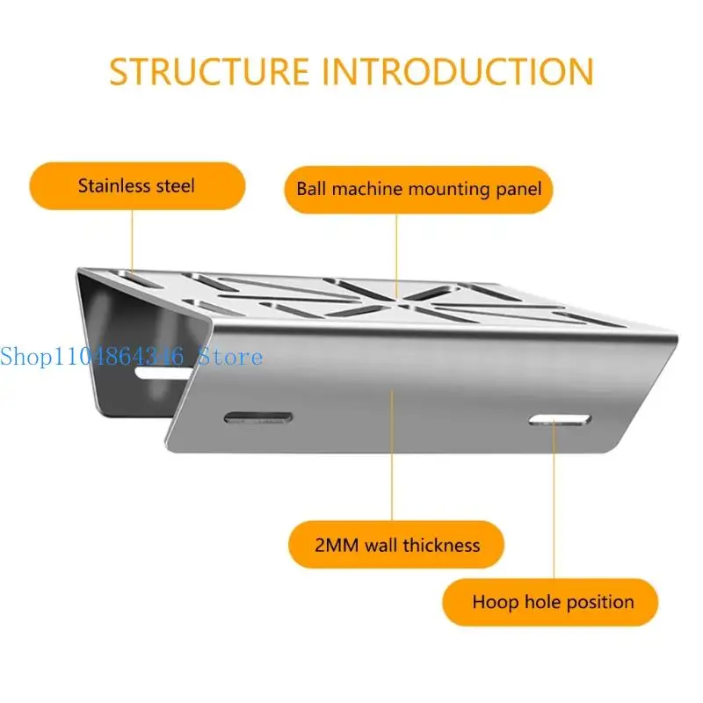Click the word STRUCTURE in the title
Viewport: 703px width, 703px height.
click(209, 71)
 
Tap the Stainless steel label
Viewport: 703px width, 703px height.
click(137, 185)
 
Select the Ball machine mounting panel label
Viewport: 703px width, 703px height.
click(419, 190)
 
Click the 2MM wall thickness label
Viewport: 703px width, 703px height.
click(396, 545)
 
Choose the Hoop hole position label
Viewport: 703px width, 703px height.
click(550, 602)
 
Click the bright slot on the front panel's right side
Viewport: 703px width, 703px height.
click(560, 420)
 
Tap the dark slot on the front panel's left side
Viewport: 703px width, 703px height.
click(258, 418)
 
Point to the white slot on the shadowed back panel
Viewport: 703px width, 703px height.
click(163, 373)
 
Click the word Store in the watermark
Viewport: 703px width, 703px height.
click(230, 357)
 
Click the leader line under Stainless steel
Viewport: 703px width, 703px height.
click(133, 242)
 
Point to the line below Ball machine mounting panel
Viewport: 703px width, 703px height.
click(396, 256)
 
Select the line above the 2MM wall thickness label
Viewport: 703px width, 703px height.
click(391, 455)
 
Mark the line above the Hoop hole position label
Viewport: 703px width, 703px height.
click(554, 499)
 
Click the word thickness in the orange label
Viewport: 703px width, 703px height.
click(442, 546)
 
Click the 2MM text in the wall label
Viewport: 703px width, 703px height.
click(337, 546)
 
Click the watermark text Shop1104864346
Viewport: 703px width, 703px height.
click(92, 357)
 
